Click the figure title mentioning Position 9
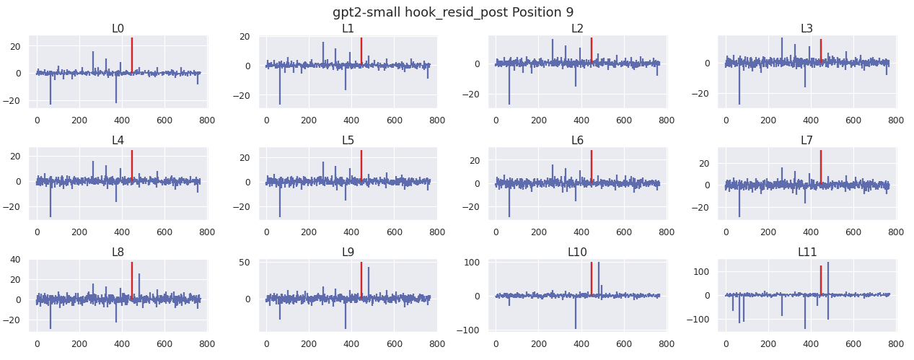(x=453, y=12)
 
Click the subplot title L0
(x=118, y=29)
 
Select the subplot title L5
(x=348, y=140)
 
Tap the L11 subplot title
(x=807, y=252)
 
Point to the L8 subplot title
(x=118, y=252)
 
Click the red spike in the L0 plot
(x=132, y=55)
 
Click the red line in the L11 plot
(x=821, y=281)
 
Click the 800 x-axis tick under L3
(x=895, y=120)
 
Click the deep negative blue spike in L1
(x=280, y=84)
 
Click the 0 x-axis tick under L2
(x=496, y=120)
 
